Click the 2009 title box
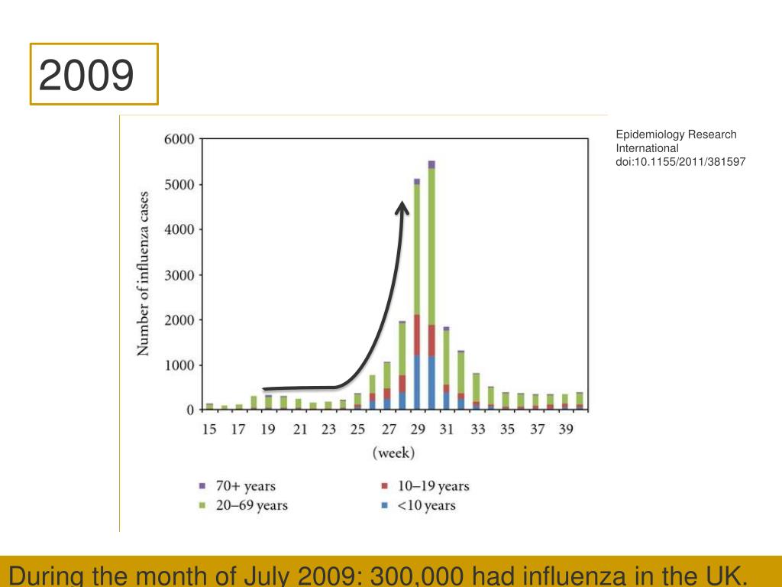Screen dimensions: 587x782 click(94, 74)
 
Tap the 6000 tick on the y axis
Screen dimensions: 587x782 click(179, 139)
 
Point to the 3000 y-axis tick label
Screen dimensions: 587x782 click(179, 274)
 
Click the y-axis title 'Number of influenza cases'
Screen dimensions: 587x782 click(144, 273)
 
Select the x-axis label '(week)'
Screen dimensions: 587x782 click(393, 453)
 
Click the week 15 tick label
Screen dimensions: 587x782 click(208, 430)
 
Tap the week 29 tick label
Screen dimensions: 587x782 click(416, 430)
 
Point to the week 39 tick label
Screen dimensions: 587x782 click(565, 430)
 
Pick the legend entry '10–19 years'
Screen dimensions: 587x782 click(433, 486)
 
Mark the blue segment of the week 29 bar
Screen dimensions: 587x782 click(417, 382)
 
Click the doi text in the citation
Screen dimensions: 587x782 click(680, 162)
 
